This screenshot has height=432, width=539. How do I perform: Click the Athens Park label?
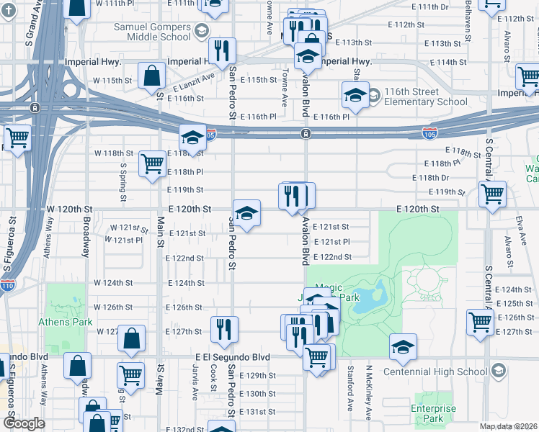pyautogui.click(x=66, y=322)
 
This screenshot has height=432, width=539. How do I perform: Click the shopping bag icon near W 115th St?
pyautogui.click(x=152, y=74)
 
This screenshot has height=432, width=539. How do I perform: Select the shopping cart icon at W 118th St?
pyautogui.click(x=153, y=163)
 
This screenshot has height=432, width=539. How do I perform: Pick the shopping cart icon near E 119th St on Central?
pyautogui.click(x=492, y=192)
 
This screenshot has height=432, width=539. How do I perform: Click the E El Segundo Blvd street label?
pyautogui.click(x=232, y=357)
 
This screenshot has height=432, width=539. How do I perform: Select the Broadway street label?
pyautogui.click(x=86, y=238)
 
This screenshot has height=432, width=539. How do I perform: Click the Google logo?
pyautogui.click(x=24, y=423)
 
